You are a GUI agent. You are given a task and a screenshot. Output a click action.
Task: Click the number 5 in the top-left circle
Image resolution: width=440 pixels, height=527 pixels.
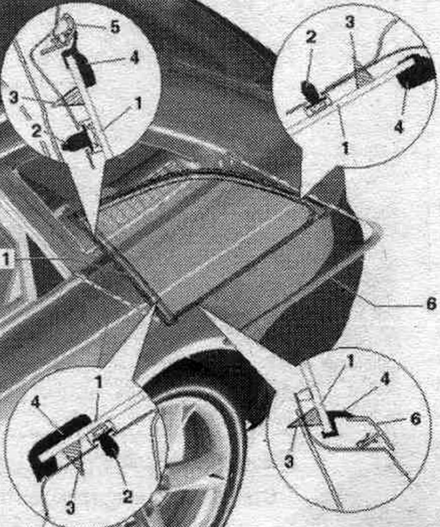click(115, 27)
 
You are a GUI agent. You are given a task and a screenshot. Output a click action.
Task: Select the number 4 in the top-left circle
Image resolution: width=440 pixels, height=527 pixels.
click(134, 58)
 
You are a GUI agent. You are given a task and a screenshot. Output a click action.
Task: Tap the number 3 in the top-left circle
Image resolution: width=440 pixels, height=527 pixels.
click(14, 98)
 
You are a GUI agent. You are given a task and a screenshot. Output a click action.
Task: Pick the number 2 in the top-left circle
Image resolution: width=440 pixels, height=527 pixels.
click(36, 131)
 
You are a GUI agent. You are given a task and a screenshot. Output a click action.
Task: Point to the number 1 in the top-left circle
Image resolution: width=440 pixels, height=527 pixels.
click(138, 104)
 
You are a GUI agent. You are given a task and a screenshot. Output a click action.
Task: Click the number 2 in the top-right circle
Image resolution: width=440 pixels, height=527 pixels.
click(311, 37)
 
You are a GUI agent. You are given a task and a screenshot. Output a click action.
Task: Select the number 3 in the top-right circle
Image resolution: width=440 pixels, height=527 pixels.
click(350, 22)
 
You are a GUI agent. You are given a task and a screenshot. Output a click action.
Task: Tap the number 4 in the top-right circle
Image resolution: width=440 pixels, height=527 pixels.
click(398, 128)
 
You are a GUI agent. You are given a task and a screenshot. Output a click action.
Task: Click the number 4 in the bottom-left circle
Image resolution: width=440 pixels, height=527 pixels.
click(35, 402)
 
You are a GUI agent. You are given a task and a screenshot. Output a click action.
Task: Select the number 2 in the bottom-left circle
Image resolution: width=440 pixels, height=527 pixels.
click(127, 496)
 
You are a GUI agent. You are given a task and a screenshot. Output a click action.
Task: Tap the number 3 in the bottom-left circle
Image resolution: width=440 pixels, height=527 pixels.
click(70, 507)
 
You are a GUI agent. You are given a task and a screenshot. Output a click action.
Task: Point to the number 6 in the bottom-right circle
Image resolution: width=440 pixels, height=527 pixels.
click(416, 419)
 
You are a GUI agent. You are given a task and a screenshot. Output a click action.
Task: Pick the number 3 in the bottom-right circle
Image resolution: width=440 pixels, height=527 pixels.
click(288, 462)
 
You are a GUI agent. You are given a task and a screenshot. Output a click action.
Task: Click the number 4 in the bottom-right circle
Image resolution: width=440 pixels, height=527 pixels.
click(385, 379)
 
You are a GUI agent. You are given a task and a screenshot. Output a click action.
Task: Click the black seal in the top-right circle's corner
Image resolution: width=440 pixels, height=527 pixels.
click(413, 72)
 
